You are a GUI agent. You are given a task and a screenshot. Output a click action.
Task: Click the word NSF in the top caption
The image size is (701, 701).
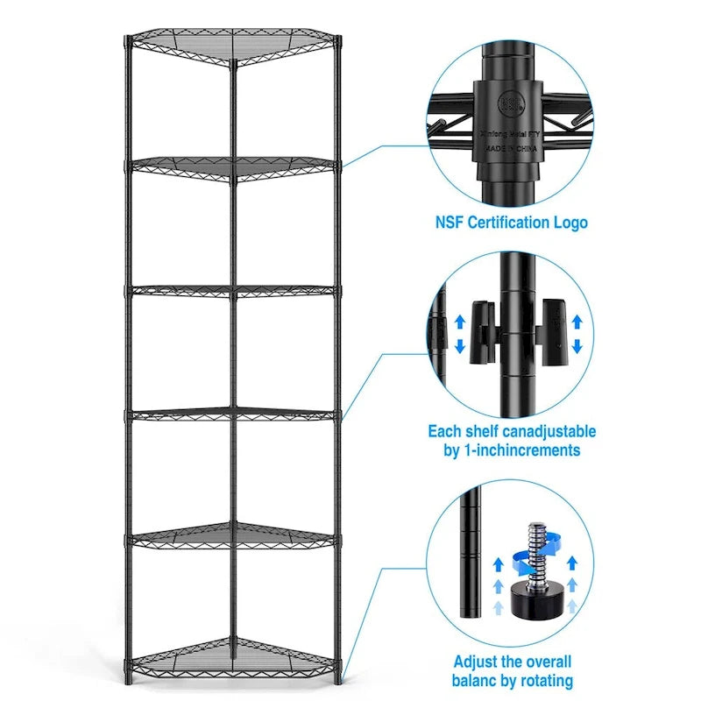pos(451,223)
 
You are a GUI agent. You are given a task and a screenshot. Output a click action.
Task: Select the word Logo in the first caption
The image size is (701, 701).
pos(571,223)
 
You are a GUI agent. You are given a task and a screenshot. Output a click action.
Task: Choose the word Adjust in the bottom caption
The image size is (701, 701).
pos(478,662)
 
